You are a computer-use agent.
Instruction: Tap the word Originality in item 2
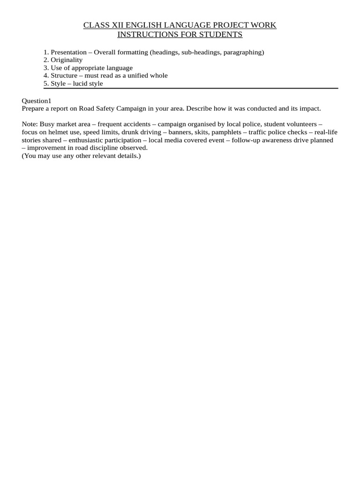coord(67,60)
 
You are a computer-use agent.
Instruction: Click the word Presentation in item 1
coord(68,52)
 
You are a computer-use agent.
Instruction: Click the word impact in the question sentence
coord(310,108)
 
